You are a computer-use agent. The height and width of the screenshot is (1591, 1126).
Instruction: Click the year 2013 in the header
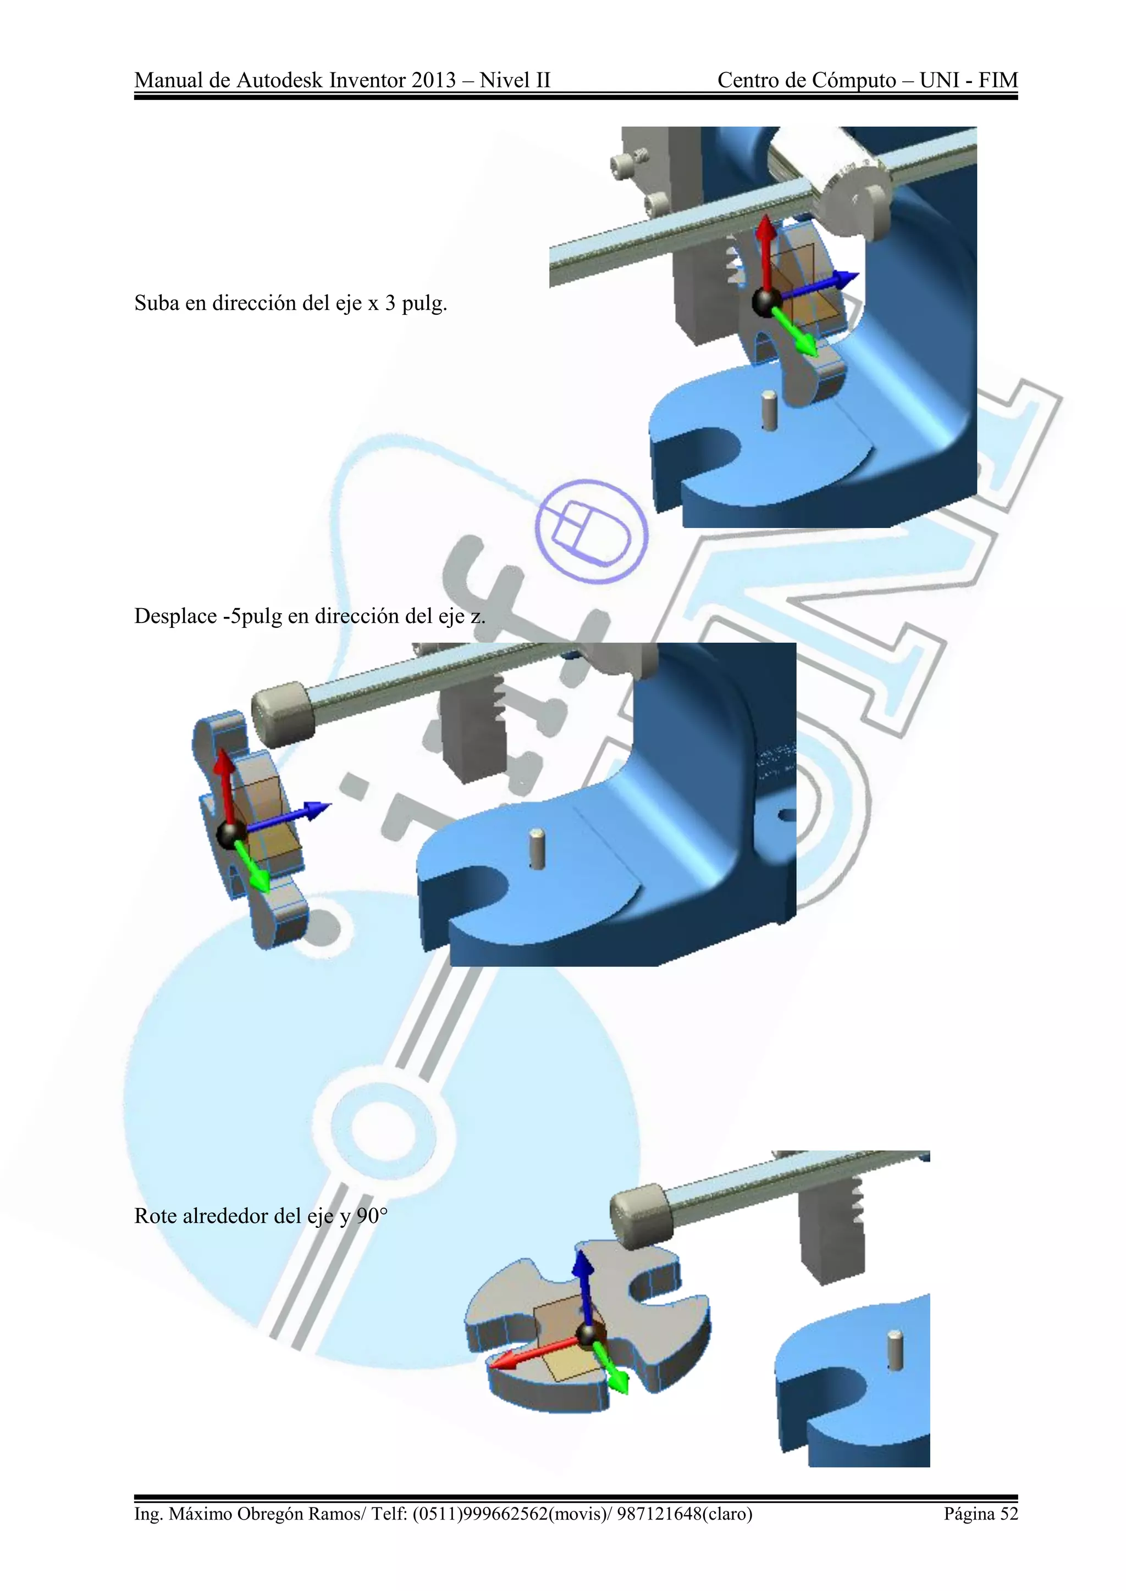[x=433, y=80]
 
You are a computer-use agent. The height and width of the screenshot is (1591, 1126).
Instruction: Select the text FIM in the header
[x=998, y=80]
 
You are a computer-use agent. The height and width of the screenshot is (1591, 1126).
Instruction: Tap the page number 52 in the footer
[x=1009, y=1514]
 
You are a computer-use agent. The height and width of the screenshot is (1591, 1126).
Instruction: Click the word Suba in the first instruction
[x=157, y=303]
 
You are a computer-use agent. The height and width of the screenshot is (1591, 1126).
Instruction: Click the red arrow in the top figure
[x=765, y=249]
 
